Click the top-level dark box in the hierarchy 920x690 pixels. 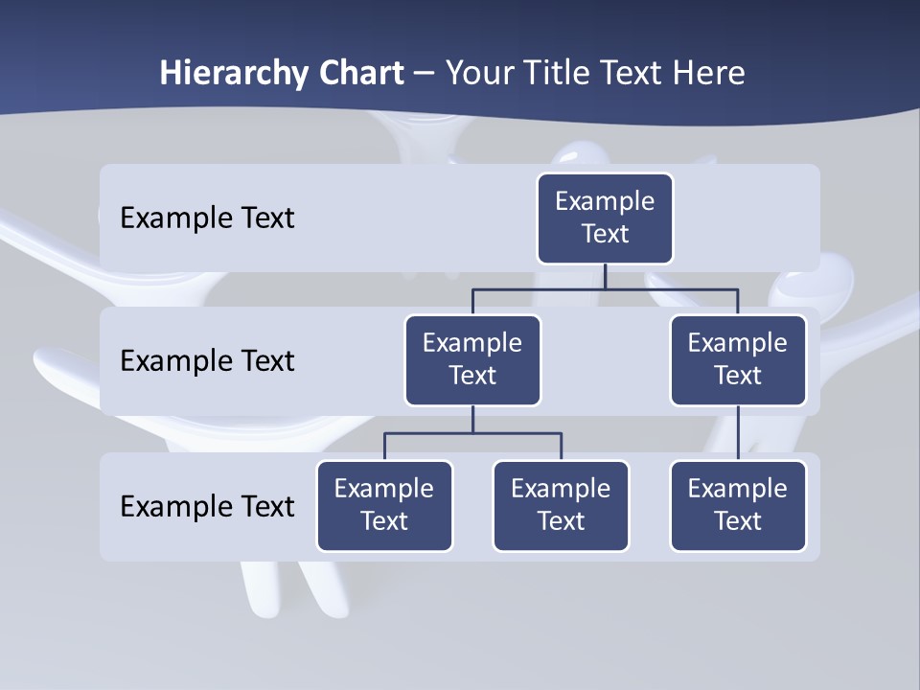click(x=605, y=218)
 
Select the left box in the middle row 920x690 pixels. click(x=472, y=360)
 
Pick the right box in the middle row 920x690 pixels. click(x=738, y=360)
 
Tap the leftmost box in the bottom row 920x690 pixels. click(x=384, y=506)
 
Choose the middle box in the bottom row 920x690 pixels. click(x=561, y=506)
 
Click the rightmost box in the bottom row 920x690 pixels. click(x=738, y=506)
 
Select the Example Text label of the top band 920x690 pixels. click(x=207, y=218)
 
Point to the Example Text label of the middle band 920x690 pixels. click(x=207, y=361)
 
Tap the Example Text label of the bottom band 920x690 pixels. click(x=207, y=506)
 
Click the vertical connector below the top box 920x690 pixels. click(x=605, y=276)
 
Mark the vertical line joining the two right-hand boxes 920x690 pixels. click(x=738, y=433)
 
